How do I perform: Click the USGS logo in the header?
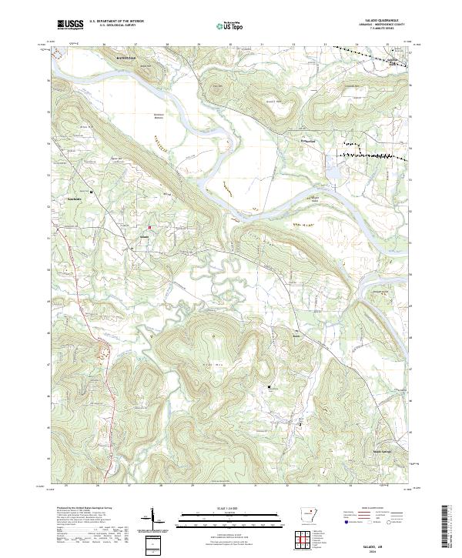click(71, 25)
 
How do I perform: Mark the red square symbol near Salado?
click(149, 226)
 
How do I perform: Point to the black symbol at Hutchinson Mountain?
click(269, 386)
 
